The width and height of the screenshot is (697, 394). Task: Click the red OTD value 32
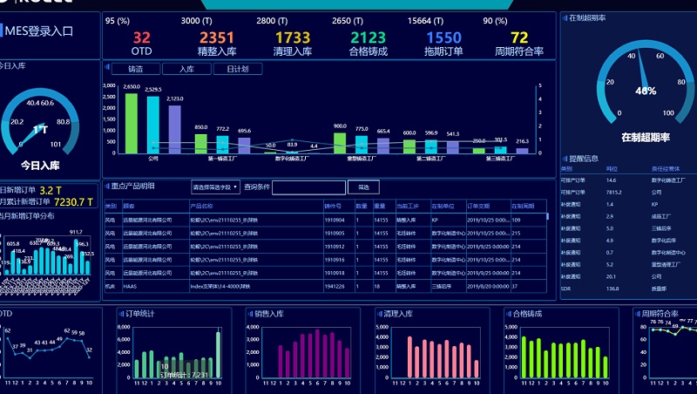141,37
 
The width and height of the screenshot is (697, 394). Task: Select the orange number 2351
216,37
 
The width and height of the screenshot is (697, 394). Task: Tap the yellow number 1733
292,37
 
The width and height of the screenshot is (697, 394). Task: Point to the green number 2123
368,37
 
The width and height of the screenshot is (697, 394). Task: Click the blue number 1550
443,37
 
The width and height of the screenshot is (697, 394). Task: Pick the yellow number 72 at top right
519,37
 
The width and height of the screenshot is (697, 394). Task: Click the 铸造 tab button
136,68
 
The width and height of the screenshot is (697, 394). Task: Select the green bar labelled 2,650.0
132,123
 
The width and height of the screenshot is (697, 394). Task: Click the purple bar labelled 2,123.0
175,129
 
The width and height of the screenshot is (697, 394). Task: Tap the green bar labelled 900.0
340,143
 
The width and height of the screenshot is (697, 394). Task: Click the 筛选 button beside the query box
363,187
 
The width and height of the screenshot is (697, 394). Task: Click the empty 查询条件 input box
308,187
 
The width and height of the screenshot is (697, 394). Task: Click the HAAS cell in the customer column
130,285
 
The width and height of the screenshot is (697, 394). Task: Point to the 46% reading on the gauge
646,91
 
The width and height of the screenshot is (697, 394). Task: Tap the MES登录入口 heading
39,31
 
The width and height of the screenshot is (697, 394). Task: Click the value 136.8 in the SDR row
612,288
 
